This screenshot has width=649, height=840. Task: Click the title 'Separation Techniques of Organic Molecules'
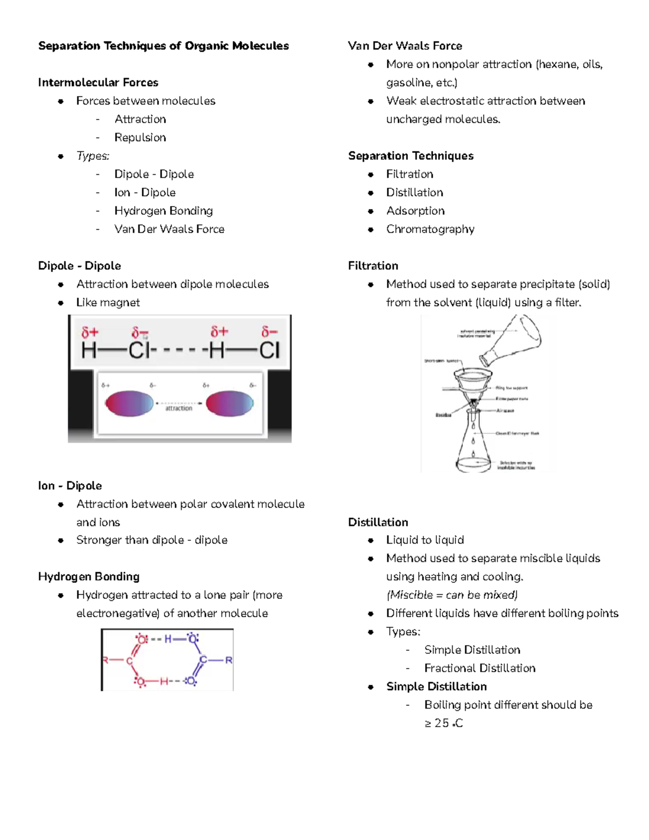tap(163, 46)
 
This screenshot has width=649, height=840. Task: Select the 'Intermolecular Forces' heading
tap(98, 83)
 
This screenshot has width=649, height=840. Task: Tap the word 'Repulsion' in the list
tap(140, 137)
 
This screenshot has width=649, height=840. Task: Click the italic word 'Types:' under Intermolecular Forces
tap(92, 156)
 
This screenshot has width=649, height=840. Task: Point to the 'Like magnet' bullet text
tap(108, 302)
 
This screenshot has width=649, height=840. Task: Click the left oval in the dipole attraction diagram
tap(129, 404)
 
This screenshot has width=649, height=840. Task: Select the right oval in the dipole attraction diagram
tap(230, 404)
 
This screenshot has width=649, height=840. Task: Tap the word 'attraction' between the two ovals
tap(178, 409)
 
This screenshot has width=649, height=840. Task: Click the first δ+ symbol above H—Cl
tap(90, 332)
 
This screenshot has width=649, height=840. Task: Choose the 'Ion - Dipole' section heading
tap(70, 486)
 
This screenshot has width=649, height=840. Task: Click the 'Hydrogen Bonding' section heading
tap(89, 577)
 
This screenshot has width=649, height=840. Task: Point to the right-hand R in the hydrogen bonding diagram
tap(229, 660)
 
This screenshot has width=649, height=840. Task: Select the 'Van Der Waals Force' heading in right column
tap(405, 46)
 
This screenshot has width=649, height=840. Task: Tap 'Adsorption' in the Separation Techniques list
tap(415, 211)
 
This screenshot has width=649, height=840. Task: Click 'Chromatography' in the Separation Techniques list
tap(430, 229)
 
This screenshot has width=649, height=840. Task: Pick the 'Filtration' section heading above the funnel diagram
tap(373, 266)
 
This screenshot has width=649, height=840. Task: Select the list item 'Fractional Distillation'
tap(480, 668)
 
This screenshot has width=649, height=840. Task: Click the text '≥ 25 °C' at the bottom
tap(443, 723)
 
